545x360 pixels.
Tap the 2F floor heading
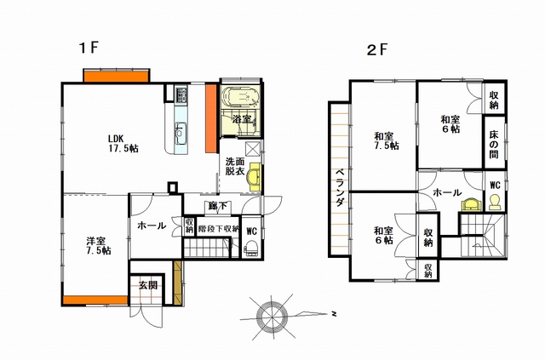coord(376,49)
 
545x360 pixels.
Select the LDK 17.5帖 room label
coord(123,143)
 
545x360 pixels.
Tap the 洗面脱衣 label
coord(235,166)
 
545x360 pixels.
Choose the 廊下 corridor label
coord(217,206)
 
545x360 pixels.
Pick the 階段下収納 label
coord(218,229)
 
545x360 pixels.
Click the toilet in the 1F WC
coord(251,249)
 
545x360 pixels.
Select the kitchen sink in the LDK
coord(181,132)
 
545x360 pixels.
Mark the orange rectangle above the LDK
coord(117,77)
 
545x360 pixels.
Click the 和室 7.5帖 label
coord(383,140)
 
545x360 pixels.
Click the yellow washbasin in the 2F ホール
coord(469,204)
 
